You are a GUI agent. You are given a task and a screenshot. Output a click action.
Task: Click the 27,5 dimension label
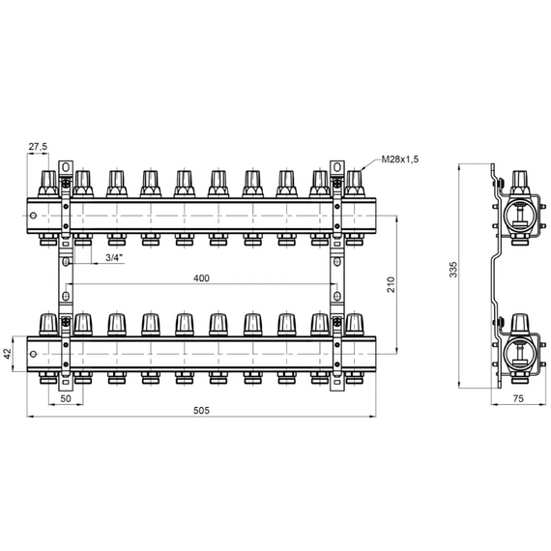[x=38, y=147]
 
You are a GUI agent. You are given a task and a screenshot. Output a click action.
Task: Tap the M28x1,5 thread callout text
[x=400, y=159]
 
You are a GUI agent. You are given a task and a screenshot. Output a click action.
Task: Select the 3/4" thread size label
[x=115, y=257]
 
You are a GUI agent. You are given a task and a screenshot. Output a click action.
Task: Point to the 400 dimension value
[x=201, y=278]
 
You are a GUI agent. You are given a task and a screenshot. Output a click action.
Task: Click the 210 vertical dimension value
[x=391, y=284]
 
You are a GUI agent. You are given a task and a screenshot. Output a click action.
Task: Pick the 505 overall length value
[x=201, y=411]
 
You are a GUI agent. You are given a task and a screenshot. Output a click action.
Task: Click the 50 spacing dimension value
[x=66, y=398]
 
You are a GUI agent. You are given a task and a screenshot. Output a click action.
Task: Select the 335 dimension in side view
[x=453, y=269]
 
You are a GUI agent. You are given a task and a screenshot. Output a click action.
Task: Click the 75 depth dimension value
[x=518, y=398]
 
